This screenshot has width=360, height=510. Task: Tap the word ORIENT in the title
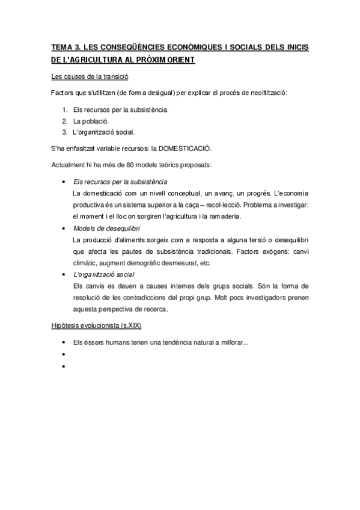[x=176, y=61]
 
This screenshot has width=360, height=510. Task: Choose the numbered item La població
[x=91, y=121]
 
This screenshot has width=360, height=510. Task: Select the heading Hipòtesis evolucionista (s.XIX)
[x=96, y=325]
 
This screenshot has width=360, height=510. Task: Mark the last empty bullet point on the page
[x=63, y=365]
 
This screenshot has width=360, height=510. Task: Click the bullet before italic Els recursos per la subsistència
[x=63, y=182]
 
